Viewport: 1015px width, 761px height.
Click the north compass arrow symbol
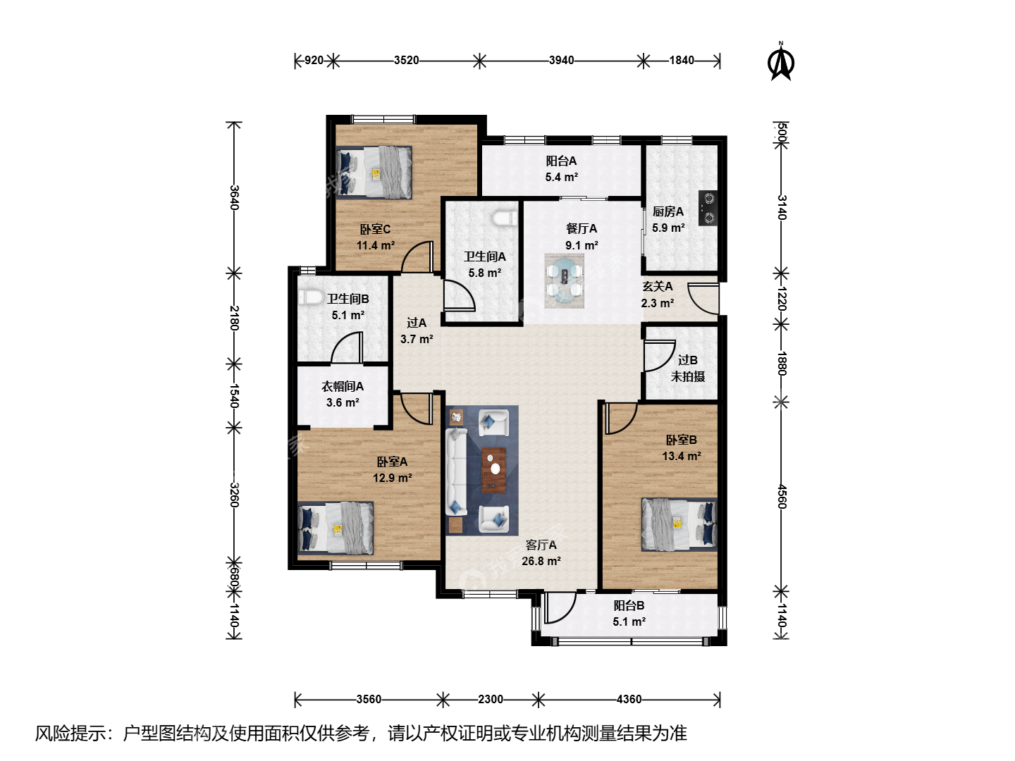[780, 61]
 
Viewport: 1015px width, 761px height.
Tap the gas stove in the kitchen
[708, 208]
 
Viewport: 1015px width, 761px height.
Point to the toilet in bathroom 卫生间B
[311, 297]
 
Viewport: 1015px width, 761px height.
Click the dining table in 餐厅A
[564, 280]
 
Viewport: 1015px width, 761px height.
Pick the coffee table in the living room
[494, 470]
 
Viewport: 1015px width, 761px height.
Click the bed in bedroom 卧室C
[374, 173]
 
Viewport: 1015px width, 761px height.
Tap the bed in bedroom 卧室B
[679, 524]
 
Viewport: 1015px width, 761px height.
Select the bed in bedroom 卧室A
[336, 528]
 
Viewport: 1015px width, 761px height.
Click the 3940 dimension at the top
[561, 61]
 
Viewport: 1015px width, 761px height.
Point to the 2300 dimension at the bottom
[490, 699]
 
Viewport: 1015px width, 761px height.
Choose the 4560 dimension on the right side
[781, 497]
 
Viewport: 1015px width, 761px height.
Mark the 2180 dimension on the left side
[235, 318]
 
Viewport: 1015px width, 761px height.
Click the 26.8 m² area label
[541, 561]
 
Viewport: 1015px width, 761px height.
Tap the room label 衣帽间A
[342, 386]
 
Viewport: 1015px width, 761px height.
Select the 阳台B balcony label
[629, 605]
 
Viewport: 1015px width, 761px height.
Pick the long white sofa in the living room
[457, 472]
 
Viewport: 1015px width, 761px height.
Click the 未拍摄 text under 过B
[688, 376]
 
